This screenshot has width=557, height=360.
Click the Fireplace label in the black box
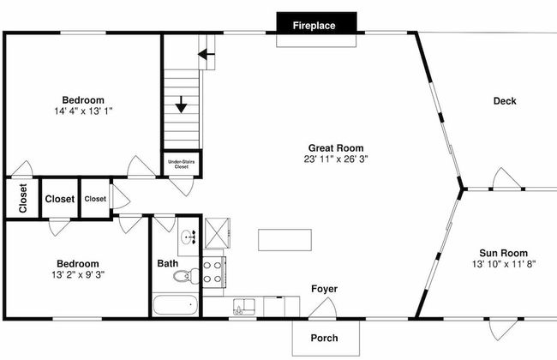tap(314, 26)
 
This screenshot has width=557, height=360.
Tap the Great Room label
tap(336, 147)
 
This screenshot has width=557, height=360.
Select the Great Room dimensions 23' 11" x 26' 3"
tap(336, 159)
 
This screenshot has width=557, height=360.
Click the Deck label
tap(505, 101)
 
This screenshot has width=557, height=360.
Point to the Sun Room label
tap(503, 253)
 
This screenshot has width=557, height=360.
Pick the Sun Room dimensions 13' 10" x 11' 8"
tap(503, 264)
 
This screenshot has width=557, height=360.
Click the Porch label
tap(324, 338)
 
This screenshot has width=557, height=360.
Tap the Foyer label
tap(324, 289)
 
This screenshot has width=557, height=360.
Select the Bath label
tap(168, 263)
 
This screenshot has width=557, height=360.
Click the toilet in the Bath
tap(187, 276)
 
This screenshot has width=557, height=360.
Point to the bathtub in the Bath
tap(175, 305)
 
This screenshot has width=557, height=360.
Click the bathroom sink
tap(189, 237)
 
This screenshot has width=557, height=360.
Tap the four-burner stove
tap(213, 272)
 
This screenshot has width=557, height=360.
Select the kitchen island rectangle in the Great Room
tap(284, 240)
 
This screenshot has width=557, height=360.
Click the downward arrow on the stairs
tap(181, 105)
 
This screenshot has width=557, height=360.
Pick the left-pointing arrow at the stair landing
tap(206, 54)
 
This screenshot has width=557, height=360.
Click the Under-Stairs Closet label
tap(181, 165)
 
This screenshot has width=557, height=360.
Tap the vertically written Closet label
tap(23, 198)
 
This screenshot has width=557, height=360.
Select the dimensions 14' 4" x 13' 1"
tap(83, 111)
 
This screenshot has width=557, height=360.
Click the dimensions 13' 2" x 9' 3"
tap(78, 274)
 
